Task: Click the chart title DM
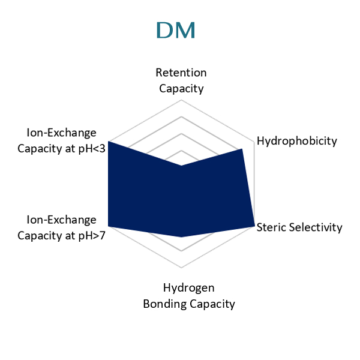tap(176, 30)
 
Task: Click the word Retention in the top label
tap(181, 73)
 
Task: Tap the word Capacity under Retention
tap(181, 89)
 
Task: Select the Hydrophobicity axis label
tap(297, 141)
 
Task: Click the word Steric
tap(271, 227)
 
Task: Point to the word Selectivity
tap(316, 227)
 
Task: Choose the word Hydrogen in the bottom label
tap(189, 288)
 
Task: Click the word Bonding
tap(164, 304)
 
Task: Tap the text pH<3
tap(92, 149)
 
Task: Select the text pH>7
tap(92, 236)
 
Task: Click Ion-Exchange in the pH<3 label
tap(61, 133)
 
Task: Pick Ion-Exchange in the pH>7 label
tap(61, 220)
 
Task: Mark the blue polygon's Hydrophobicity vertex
tap(242, 149)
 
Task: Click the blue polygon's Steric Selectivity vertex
tap(254, 226)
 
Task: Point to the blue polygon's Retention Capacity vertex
tap(181, 166)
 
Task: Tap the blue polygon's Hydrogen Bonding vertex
tap(181, 237)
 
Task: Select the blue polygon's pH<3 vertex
tap(109, 142)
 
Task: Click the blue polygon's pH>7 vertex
tap(109, 226)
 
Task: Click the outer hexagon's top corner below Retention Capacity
tap(181, 100)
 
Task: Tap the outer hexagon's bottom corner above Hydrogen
tap(181, 268)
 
